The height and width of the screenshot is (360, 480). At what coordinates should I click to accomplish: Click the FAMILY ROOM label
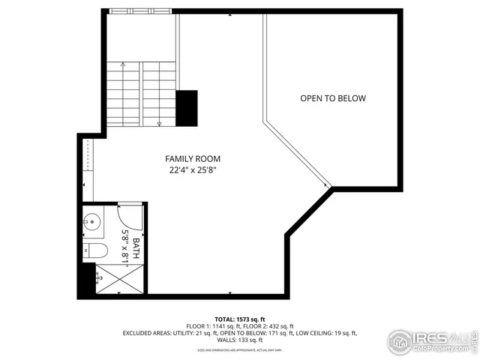click(x=193, y=159)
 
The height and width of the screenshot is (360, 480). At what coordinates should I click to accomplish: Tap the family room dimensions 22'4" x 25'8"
click(x=193, y=170)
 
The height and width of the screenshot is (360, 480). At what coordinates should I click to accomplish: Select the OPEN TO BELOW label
click(x=333, y=98)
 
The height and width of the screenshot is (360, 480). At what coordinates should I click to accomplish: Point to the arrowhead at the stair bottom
click(x=160, y=121)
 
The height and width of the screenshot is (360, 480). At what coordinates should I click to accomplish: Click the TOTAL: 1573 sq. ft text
click(x=240, y=319)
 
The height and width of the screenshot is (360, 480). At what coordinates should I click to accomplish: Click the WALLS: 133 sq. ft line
click(x=240, y=340)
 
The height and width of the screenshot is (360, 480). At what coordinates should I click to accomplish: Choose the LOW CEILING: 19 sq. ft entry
click(x=325, y=333)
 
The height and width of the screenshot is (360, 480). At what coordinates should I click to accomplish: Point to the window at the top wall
click(x=139, y=12)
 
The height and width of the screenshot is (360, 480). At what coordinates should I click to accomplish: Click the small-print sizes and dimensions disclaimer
click(x=240, y=349)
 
